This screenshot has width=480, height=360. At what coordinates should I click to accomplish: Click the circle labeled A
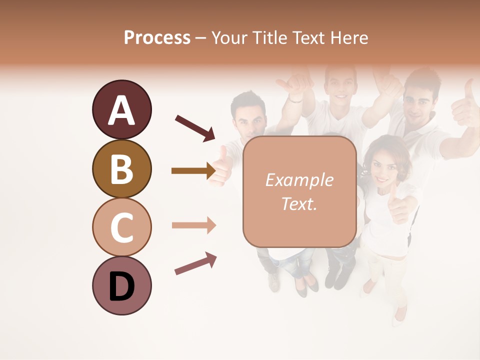coord(122,109)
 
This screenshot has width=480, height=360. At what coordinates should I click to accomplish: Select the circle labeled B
coord(122,168)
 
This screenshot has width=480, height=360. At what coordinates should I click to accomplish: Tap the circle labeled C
coord(122,227)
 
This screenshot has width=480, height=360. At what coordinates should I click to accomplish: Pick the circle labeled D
coord(122,285)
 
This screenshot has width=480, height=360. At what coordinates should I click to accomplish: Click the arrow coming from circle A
coord(195,128)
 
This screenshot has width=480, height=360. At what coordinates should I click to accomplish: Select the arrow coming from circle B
coord(193,170)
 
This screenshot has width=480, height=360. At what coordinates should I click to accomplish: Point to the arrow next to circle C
coord(193,225)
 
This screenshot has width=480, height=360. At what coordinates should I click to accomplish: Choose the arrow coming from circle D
coord(195,263)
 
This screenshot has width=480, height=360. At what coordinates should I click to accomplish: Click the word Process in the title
coord(157,38)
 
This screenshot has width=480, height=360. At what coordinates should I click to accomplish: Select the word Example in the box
coord(299,180)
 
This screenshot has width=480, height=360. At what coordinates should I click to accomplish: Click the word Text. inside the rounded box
coord(299,203)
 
